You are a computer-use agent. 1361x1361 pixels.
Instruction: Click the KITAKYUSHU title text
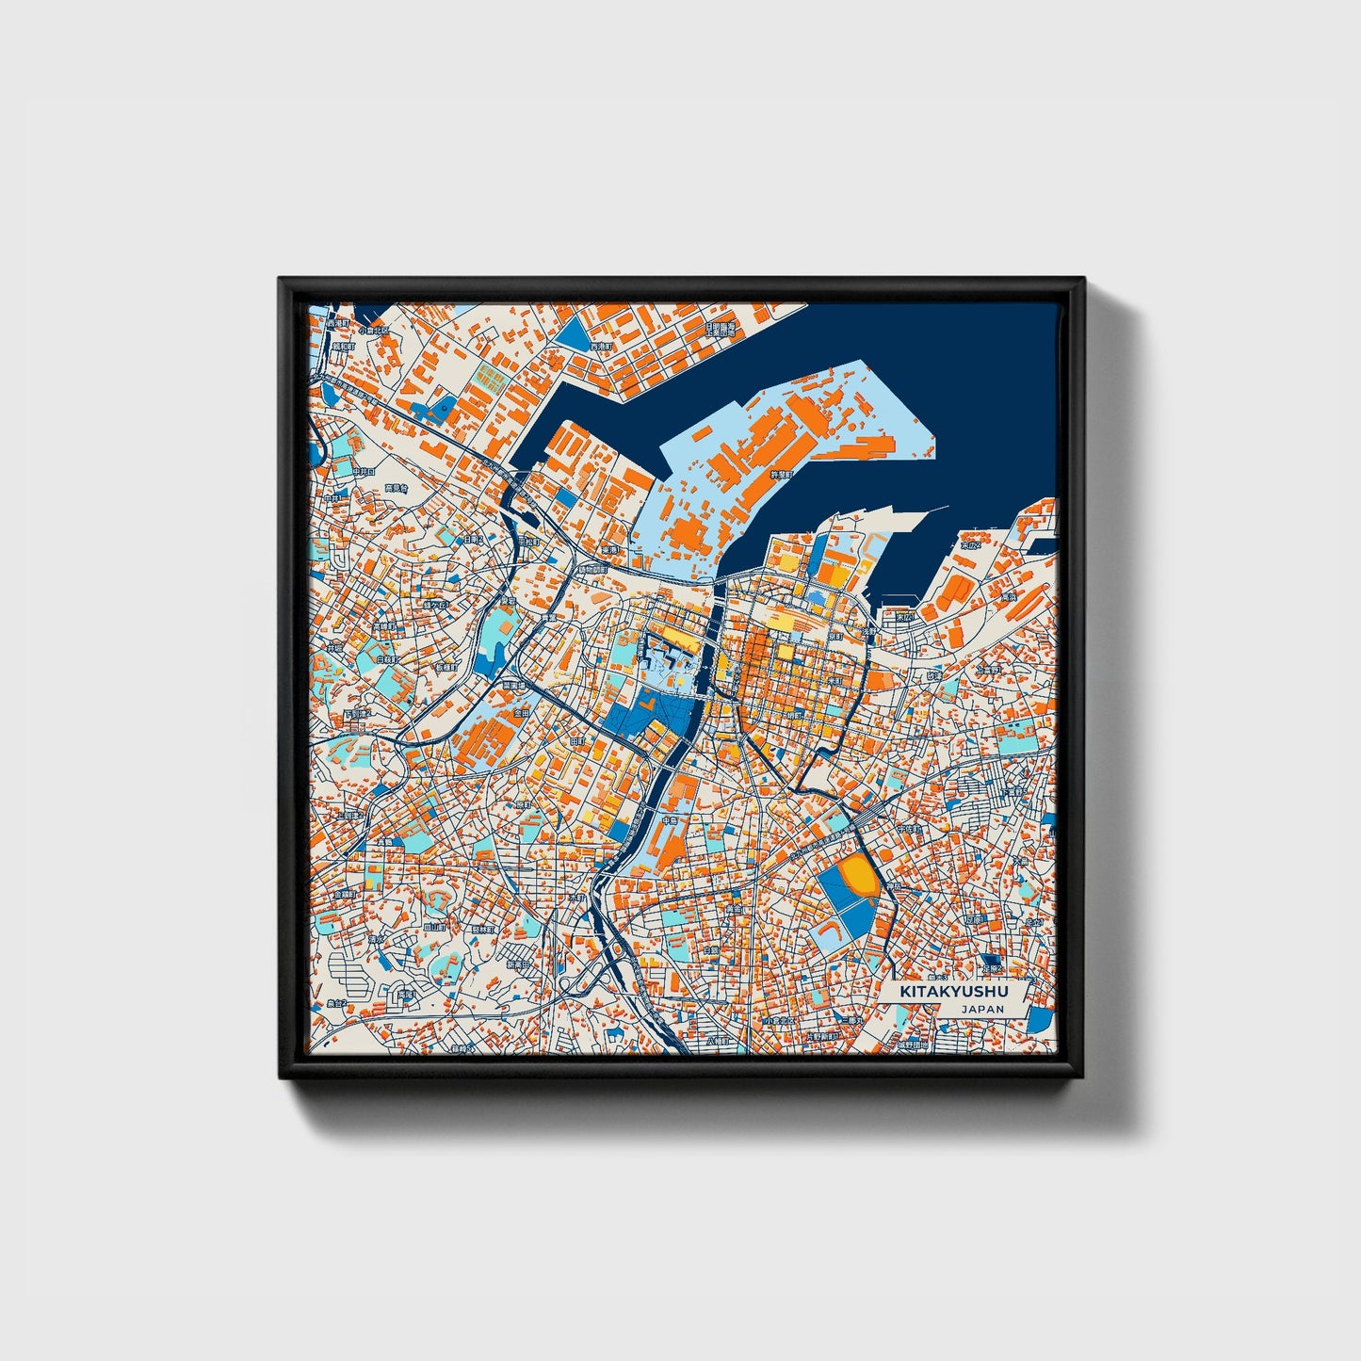953,992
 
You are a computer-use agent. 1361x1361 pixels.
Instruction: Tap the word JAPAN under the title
982,1009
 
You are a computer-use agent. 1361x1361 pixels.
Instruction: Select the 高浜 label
1008,596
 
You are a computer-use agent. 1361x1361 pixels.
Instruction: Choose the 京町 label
833,637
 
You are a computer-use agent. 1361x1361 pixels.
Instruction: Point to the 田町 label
578,741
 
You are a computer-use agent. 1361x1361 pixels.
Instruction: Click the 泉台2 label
336,1004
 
